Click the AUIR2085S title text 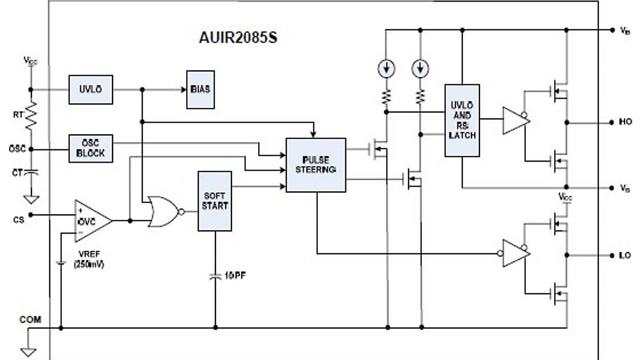point(238,39)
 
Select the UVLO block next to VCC point(91,90)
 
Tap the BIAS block point(201,90)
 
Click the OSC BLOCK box point(91,149)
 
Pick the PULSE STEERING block point(316,165)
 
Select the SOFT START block point(215,201)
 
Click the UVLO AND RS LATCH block point(462,121)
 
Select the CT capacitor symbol point(31,173)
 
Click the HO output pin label point(625,122)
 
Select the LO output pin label point(625,255)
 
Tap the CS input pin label point(19,220)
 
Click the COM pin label point(30,320)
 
